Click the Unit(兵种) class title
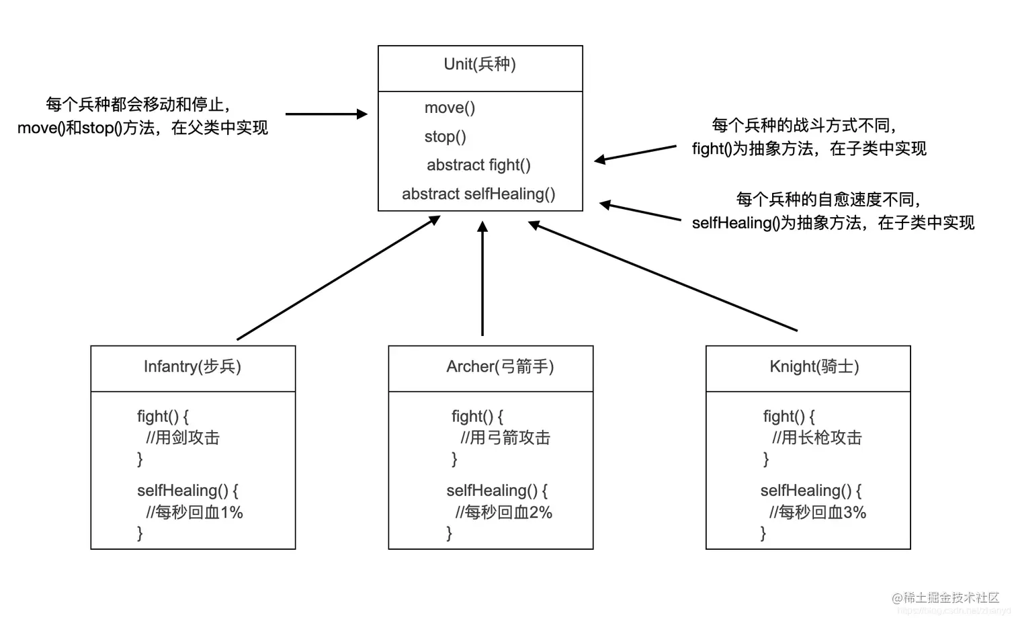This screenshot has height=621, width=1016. [x=480, y=65]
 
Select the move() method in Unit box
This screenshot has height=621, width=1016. [x=450, y=108]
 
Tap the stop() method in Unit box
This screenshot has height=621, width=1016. [x=445, y=136]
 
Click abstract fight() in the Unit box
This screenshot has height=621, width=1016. [x=478, y=165]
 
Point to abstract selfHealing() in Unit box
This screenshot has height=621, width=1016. [x=478, y=194]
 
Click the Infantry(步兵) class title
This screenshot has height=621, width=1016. [x=192, y=367]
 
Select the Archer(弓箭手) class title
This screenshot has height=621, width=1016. [x=500, y=367]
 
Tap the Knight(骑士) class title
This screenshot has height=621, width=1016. [x=814, y=367]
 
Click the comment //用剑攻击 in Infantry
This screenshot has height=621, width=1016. [x=183, y=438]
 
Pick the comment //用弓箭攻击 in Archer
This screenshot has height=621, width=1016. [x=505, y=438]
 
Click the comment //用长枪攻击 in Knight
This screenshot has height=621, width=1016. [x=816, y=438]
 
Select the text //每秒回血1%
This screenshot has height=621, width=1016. [x=194, y=513]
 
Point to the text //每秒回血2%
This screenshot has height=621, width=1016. [x=503, y=513]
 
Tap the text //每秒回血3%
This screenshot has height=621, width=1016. [x=817, y=513]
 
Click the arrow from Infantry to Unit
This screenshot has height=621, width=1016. [x=338, y=278]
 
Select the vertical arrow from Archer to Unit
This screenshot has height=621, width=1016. [x=482, y=279]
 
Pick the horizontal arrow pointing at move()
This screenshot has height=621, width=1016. [x=326, y=114]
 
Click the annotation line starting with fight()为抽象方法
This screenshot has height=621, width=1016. [x=809, y=149]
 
